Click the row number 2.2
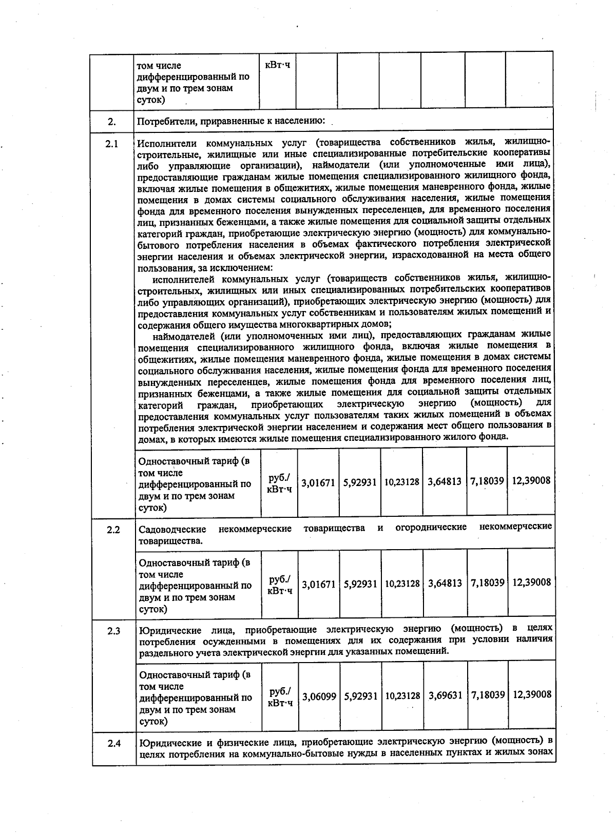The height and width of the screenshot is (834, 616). (x=113, y=529)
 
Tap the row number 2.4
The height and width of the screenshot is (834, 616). (x=114, y=743)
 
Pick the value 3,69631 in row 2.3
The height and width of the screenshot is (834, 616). (x=446, y=695)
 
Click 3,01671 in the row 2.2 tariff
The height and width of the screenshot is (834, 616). (x=318, y=584)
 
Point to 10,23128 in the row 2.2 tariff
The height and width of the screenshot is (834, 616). (x=402, y=584)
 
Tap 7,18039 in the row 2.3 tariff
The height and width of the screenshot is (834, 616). (x=488, y=695)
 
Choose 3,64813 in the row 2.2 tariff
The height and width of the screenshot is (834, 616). (x=445, y=584)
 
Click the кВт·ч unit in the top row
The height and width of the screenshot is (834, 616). (x=277, y=65)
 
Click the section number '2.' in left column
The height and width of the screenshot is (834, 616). (x=112, y=122)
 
